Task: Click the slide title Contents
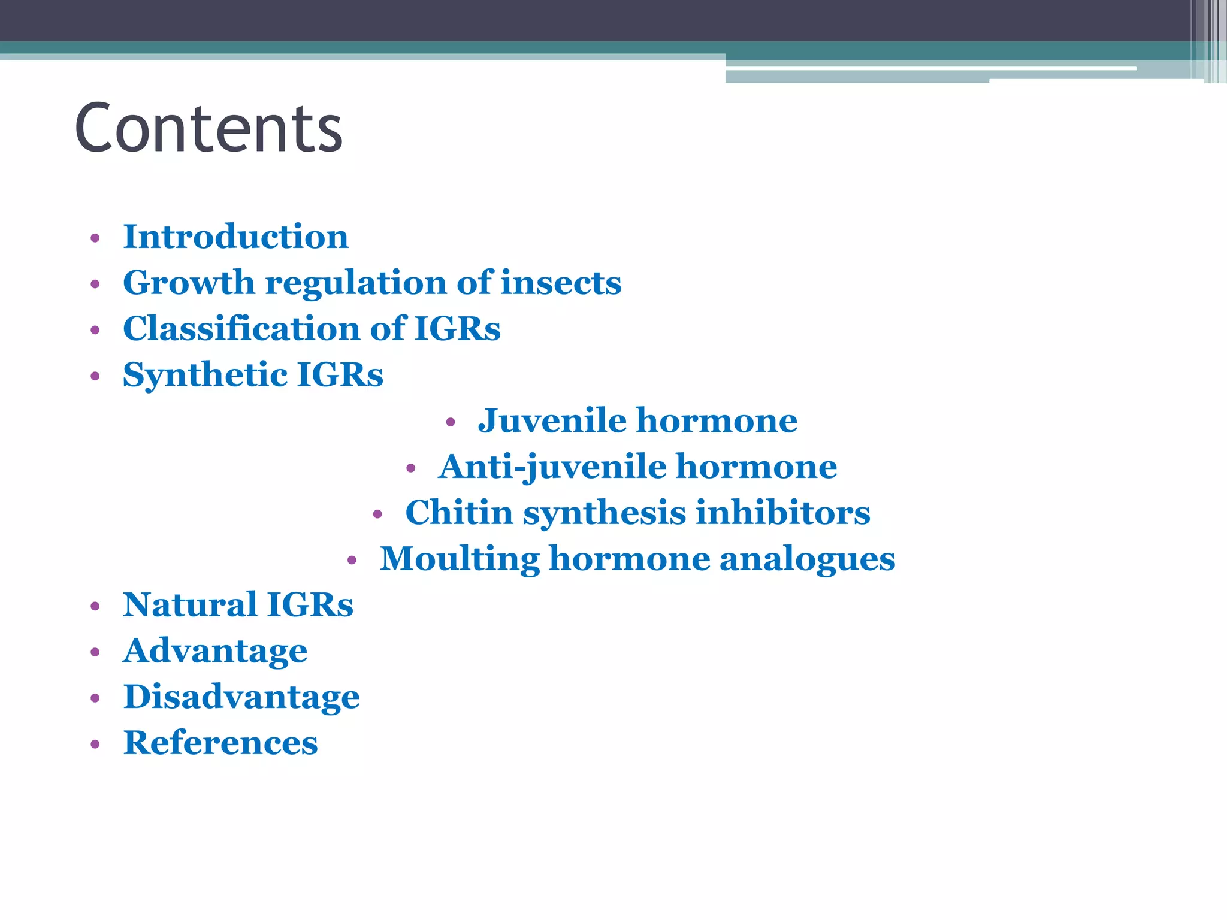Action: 208,128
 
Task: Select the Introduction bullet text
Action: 235,237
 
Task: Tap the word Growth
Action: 189,283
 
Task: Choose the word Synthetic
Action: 205,375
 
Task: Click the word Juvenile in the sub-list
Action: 552,420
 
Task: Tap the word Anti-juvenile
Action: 552,467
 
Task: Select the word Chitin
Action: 459,513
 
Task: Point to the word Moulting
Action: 460,559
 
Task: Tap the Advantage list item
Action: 215,651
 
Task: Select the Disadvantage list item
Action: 241,697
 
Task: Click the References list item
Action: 220,743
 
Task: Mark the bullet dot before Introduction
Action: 95,238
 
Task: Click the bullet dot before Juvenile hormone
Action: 451,423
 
